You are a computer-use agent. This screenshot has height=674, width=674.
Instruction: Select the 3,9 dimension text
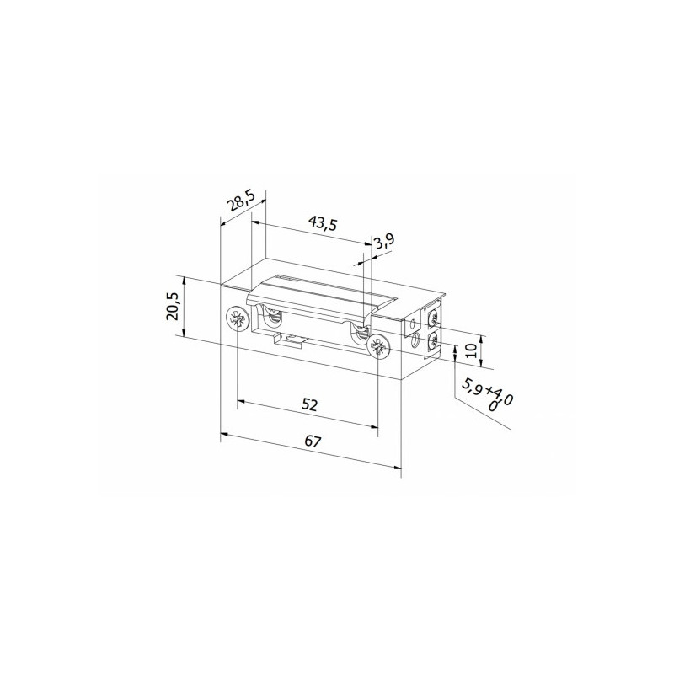384,242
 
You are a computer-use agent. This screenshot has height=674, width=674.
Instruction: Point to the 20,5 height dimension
173,307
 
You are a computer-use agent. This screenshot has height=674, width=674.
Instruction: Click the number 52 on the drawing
309,404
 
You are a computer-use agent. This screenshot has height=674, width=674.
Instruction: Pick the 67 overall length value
313,441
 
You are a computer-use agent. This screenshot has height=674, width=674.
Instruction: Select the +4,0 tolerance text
497,398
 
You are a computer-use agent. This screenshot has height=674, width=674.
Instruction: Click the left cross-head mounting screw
237,319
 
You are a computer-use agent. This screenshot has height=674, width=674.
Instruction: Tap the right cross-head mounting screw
378,345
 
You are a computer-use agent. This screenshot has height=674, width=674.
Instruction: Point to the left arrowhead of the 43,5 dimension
256,224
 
